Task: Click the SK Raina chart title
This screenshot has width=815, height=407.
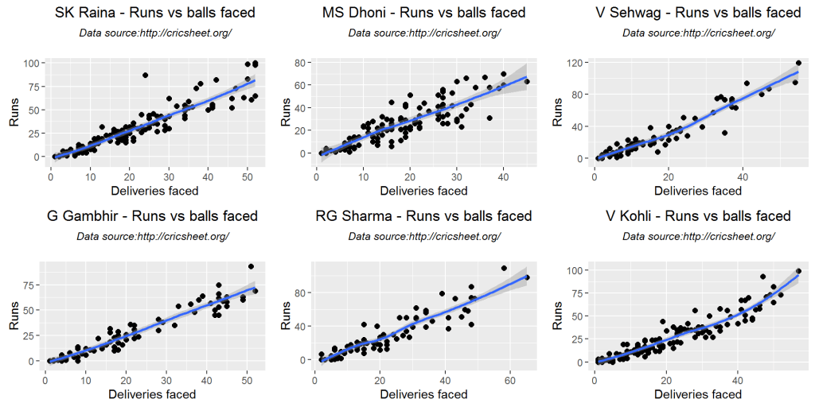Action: coord(155,13)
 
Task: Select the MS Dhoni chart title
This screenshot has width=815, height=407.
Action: coord(423,13)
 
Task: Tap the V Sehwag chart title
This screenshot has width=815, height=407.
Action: coord(698,13)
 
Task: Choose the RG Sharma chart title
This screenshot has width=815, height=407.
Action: coord(423,216)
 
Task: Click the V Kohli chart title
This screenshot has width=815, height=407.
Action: coord(698,216)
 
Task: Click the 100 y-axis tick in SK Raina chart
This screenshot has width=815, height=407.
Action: coord(30,63)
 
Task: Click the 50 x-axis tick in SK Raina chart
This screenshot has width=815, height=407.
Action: coord(247,176)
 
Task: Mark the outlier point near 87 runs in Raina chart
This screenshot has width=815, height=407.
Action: coord(146,76)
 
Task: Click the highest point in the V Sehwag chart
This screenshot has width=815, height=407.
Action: coord(798,63)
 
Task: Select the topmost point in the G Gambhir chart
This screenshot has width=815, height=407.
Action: coord(251,266)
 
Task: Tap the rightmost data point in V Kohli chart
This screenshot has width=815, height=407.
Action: coord(798,271)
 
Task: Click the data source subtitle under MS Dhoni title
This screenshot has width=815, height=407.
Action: coord(423,33)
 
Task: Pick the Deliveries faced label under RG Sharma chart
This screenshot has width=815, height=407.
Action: coord(423,394)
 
